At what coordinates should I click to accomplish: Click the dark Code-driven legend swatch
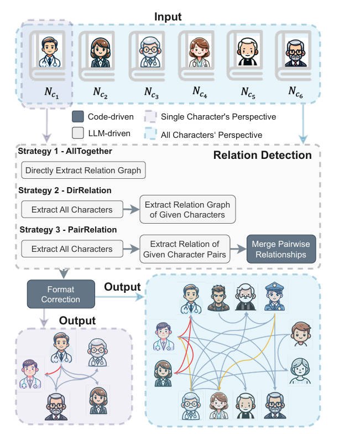(77, 117)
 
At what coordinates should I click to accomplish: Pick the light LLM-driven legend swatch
(77, 134)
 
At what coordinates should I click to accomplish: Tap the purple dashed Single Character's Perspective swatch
(149, 117)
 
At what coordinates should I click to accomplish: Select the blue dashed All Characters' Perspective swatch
(149, 134)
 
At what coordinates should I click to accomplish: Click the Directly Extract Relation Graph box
(83, 170)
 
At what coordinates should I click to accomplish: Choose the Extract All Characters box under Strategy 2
(72, 210)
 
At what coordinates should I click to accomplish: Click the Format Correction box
(61, 294)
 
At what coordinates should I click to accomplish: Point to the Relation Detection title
(263, 155)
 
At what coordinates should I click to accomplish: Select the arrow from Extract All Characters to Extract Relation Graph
(131, 210)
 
